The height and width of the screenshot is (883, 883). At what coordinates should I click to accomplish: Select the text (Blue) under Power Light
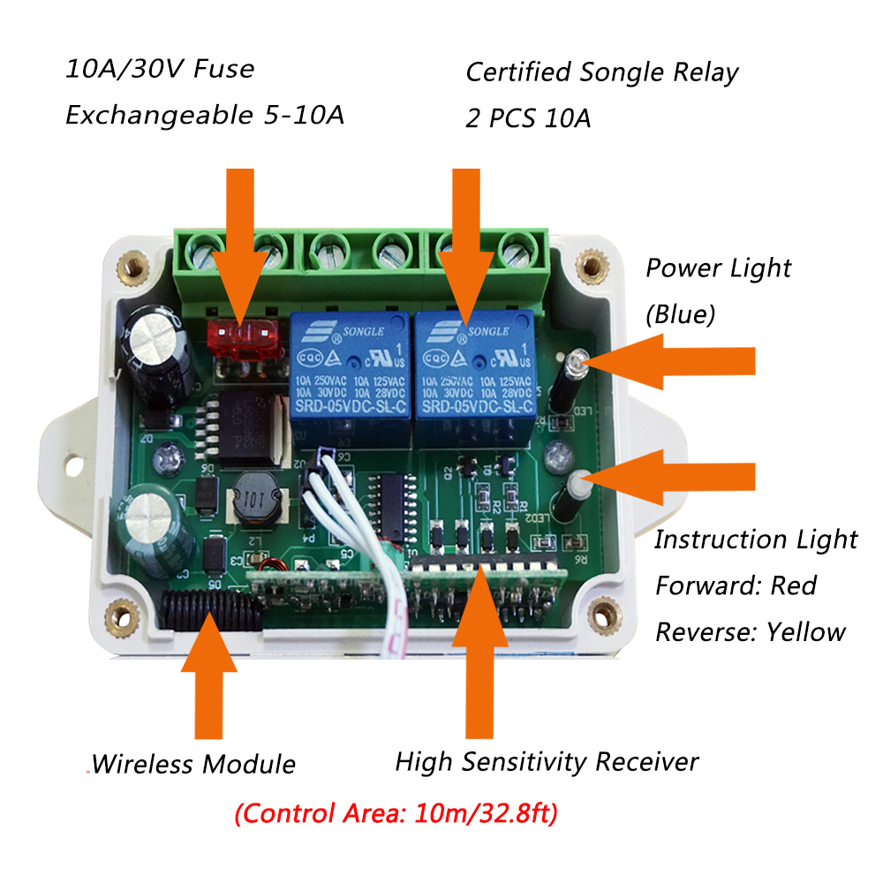coord(680,314)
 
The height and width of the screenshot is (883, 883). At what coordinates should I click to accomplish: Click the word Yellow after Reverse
coord(805,631)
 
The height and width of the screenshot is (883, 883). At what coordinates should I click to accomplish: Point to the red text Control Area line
coord(396,812)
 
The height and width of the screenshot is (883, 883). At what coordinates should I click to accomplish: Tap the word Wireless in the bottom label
coord(141,764)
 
